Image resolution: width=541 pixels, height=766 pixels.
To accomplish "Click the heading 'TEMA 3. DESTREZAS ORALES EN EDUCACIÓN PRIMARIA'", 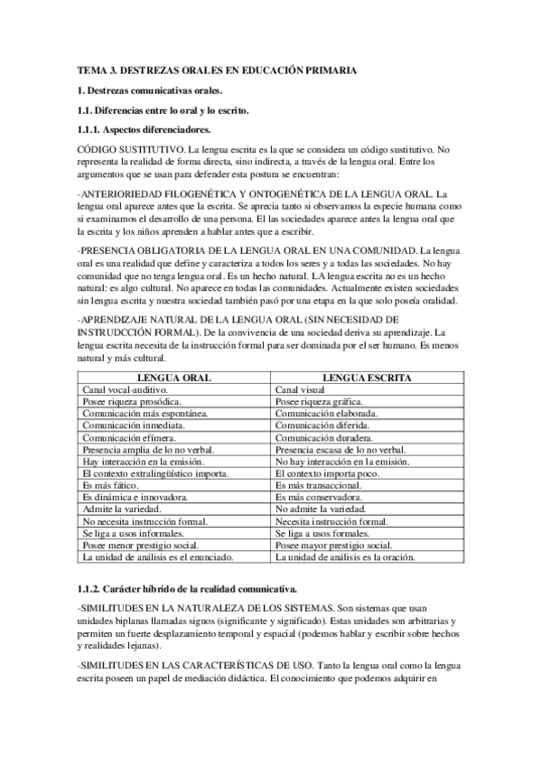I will coord(217,70).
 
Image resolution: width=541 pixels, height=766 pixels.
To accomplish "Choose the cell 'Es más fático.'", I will coord(110,485).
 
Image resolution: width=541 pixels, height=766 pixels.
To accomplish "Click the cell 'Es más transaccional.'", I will coord(319,485).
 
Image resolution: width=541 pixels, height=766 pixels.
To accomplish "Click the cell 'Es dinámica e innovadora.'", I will coord(135,497).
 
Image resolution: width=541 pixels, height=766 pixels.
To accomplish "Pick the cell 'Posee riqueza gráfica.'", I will coord(319,400).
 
